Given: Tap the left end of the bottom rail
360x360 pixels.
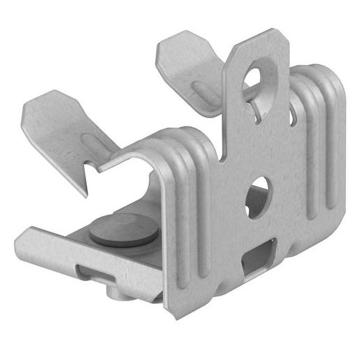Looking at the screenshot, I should click(x=24, y=241).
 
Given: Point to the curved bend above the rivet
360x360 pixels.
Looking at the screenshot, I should click(x=150, y=143).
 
